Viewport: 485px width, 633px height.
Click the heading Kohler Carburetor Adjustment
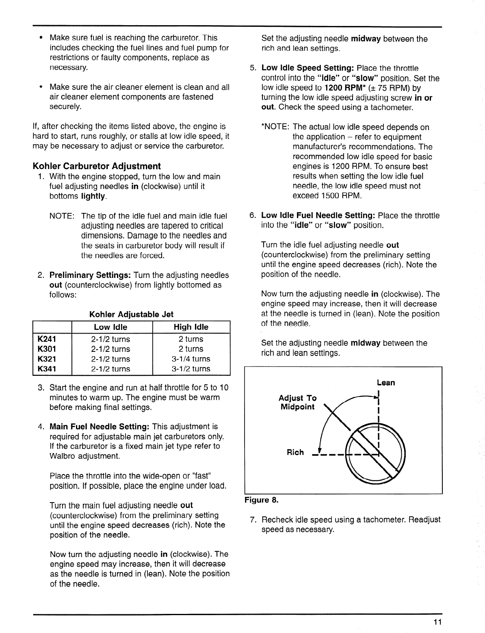pyautogui.click(x=97, y=166)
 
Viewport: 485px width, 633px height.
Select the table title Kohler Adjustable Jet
pyautogui.click(x=131, y=314)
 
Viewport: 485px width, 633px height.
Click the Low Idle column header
pyautogui.click(x=110, y=327)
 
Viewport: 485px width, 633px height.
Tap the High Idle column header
pyautogui.click(x=191, y=327)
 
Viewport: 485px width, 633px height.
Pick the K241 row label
pyautogui.click(x=47, y=339)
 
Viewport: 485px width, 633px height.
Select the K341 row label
pyautogui.click(x=47, y=369)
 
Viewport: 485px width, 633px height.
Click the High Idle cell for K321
pyautogui.click(x=191, y=359)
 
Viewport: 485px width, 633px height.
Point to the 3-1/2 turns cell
pyautogui.click(x=191, y=369)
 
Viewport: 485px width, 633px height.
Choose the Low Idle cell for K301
pyautogui.click(x=110, y=349)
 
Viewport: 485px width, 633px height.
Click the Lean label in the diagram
pyautogui.click(x=385, y=383)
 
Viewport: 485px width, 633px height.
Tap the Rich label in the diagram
pyautogui.click(x=295, y=452)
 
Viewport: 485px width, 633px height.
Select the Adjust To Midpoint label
pyautogui.click(x=297, y=402)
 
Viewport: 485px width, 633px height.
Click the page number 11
pyautogui.click(x=437, y=622)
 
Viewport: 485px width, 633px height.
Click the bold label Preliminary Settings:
pyautogui.click(x=90, y=275)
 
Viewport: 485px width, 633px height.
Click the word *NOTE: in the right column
pyautogui.click(x=275, y=127)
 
